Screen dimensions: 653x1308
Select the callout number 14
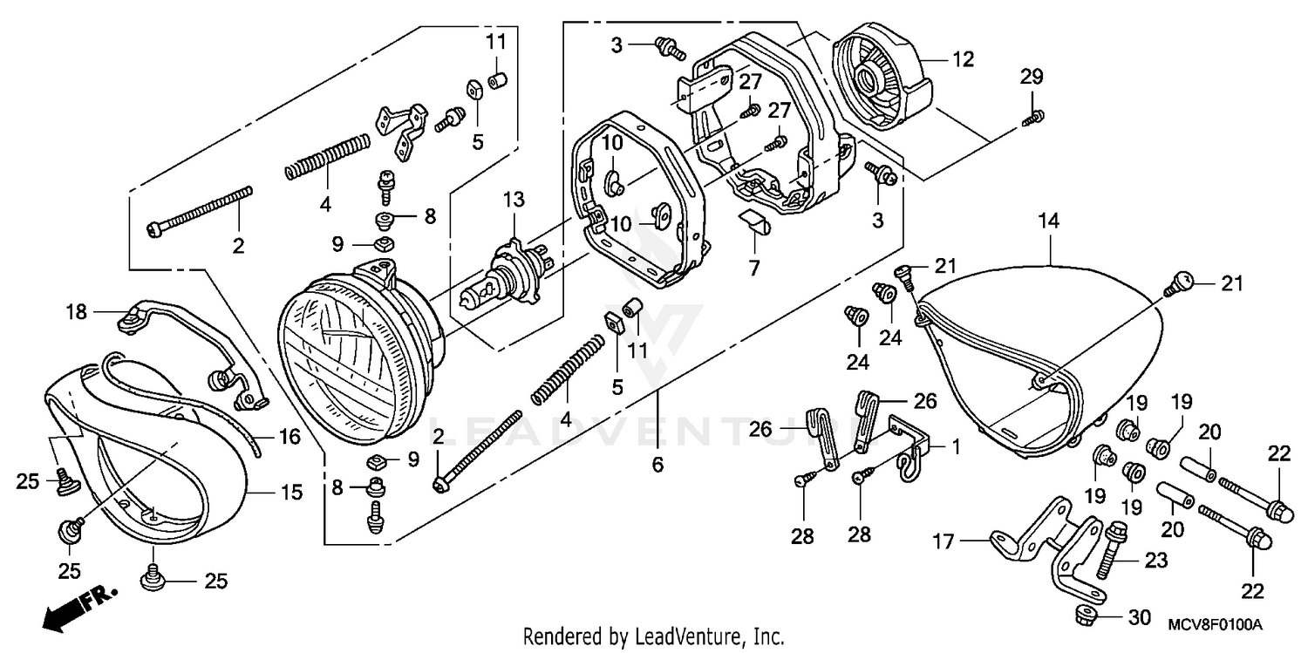[1047, 221]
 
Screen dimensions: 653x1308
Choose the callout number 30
[1139, 618]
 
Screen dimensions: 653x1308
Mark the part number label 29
[1032, 78]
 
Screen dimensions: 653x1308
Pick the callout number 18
[77, 311]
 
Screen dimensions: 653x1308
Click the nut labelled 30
[1087, 616]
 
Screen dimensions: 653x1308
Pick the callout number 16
[290, 436]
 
